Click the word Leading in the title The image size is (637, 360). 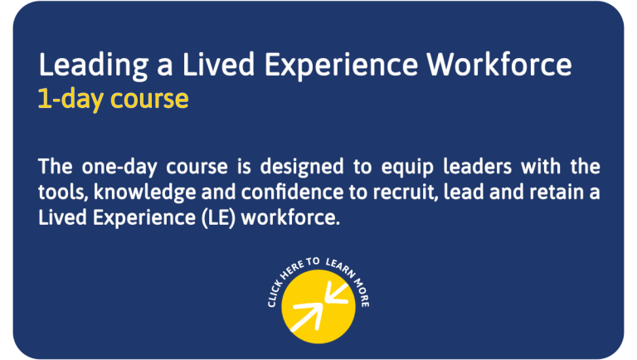[x=94, y=66]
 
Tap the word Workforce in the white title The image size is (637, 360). [x=499, y=64]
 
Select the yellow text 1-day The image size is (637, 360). [x=71, y=100]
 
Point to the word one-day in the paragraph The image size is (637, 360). [x=119, y=168]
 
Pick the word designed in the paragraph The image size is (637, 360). [x=302, y=167]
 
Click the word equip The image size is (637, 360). [x=407, y=168]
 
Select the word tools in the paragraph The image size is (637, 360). [x=63, y=192]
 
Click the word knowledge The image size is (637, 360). [x=144, y=192]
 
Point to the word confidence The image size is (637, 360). [x=293, y=192]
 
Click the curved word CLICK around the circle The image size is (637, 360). [x=274, y=293]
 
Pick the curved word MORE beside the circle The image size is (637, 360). [x=362, y=293]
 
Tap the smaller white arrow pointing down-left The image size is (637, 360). [x=337, y=294]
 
